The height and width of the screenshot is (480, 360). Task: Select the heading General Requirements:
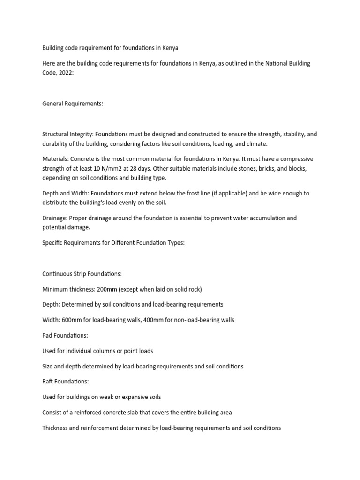[x=73, y=104]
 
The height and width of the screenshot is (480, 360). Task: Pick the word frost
[x=170, y=193]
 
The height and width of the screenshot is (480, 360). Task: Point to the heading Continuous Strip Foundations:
[x=82, y=273]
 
